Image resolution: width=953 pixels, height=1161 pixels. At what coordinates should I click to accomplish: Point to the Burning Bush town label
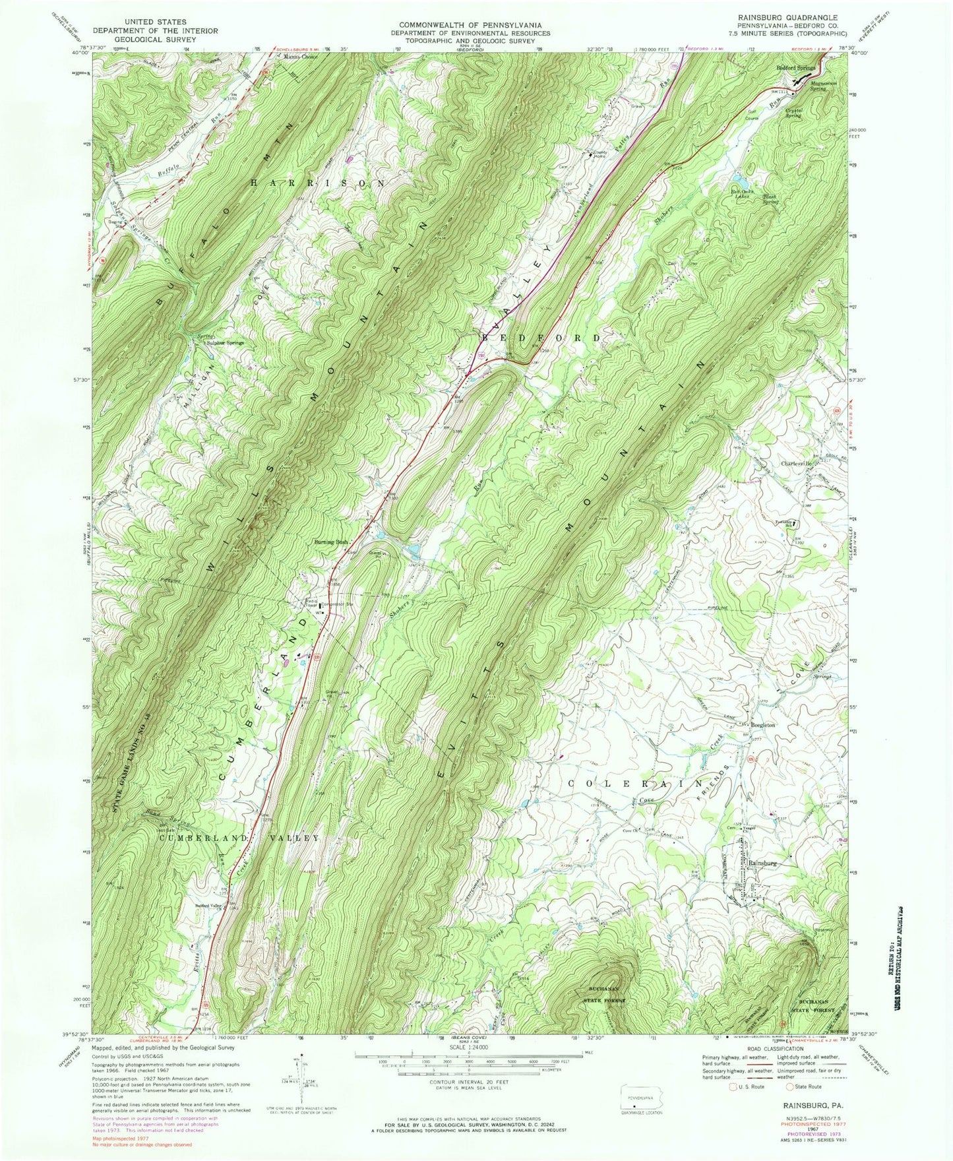(331, 542)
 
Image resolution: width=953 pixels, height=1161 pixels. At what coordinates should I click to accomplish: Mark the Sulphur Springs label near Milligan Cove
(226, 343)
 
